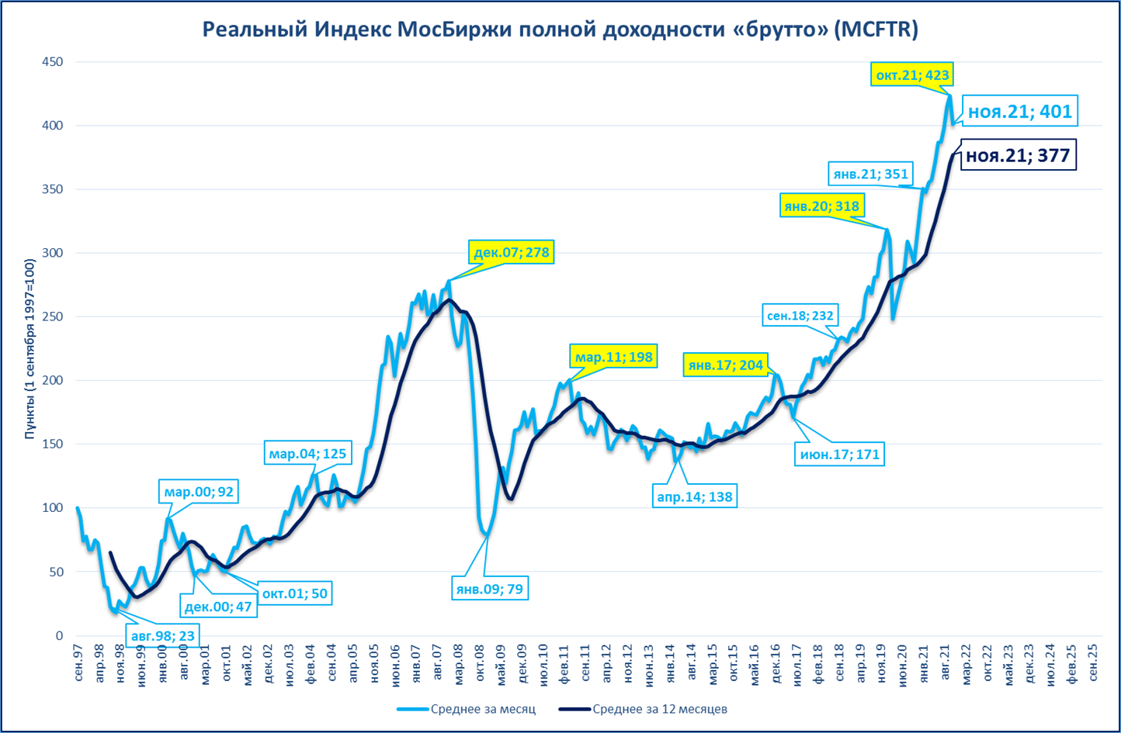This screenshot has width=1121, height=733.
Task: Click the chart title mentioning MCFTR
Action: tap(560, 29)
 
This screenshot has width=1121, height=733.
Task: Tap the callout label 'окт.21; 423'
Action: tap(911, 75)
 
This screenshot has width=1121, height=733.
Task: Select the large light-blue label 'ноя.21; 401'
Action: tap(1019, 112)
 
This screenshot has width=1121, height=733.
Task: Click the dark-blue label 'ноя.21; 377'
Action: tap(1017, 155)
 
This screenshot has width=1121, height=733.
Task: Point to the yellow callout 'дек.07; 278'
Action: tap(511, 252)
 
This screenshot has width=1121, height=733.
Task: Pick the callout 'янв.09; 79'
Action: tap(489, 589)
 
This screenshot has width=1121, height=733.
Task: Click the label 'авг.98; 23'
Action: tap(163, 636)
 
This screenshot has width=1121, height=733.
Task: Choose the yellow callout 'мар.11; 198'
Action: tap(613, 357)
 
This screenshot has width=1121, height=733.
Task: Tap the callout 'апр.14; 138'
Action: tap(694, 496)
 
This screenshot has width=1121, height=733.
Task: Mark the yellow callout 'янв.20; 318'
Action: tap(821, 206)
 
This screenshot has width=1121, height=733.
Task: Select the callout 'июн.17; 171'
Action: tap(840, 454)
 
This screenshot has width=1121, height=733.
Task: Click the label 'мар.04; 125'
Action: tap(307, 453)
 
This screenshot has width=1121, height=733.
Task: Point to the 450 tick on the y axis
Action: tap(53, 62)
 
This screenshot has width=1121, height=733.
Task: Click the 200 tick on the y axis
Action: tap(53, 381)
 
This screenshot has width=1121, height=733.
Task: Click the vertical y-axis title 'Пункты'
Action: tap(29, 349)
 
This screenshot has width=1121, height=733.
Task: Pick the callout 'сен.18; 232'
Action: tap(800, 316)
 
